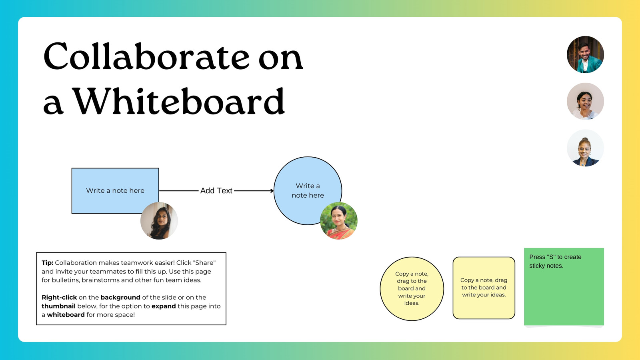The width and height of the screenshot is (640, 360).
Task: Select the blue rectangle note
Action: click(x=115, y=190)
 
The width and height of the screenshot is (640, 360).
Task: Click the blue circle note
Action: click(x=308, y=190)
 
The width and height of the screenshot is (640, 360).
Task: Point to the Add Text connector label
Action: click(x=216, y=190)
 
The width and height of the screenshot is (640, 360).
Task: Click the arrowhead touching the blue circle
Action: click(x=272, y=190)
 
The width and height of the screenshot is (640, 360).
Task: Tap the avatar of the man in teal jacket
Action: click(x=585, y=54)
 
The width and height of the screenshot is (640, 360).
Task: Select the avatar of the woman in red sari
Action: click(x=338, y=221)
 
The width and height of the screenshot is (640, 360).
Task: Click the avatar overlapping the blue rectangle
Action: click(x=159, y=221)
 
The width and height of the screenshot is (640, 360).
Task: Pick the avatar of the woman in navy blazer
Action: click(x=585, y=148)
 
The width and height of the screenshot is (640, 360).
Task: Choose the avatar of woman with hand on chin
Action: click(x=585, y=101)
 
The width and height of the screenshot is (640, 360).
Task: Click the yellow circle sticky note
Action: click(x=412, y=288)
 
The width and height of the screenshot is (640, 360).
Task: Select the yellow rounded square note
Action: click(x=484, y=288)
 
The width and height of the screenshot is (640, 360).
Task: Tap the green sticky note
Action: click(x=564, y=286)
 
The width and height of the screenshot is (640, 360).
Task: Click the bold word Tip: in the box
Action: click(x=48, y=263)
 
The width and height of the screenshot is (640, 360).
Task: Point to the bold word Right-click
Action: click(x=59, y=298)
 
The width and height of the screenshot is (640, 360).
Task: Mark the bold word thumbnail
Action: click(x=58, y=306)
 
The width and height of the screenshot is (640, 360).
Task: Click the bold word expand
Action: click(x=164, y=306)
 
